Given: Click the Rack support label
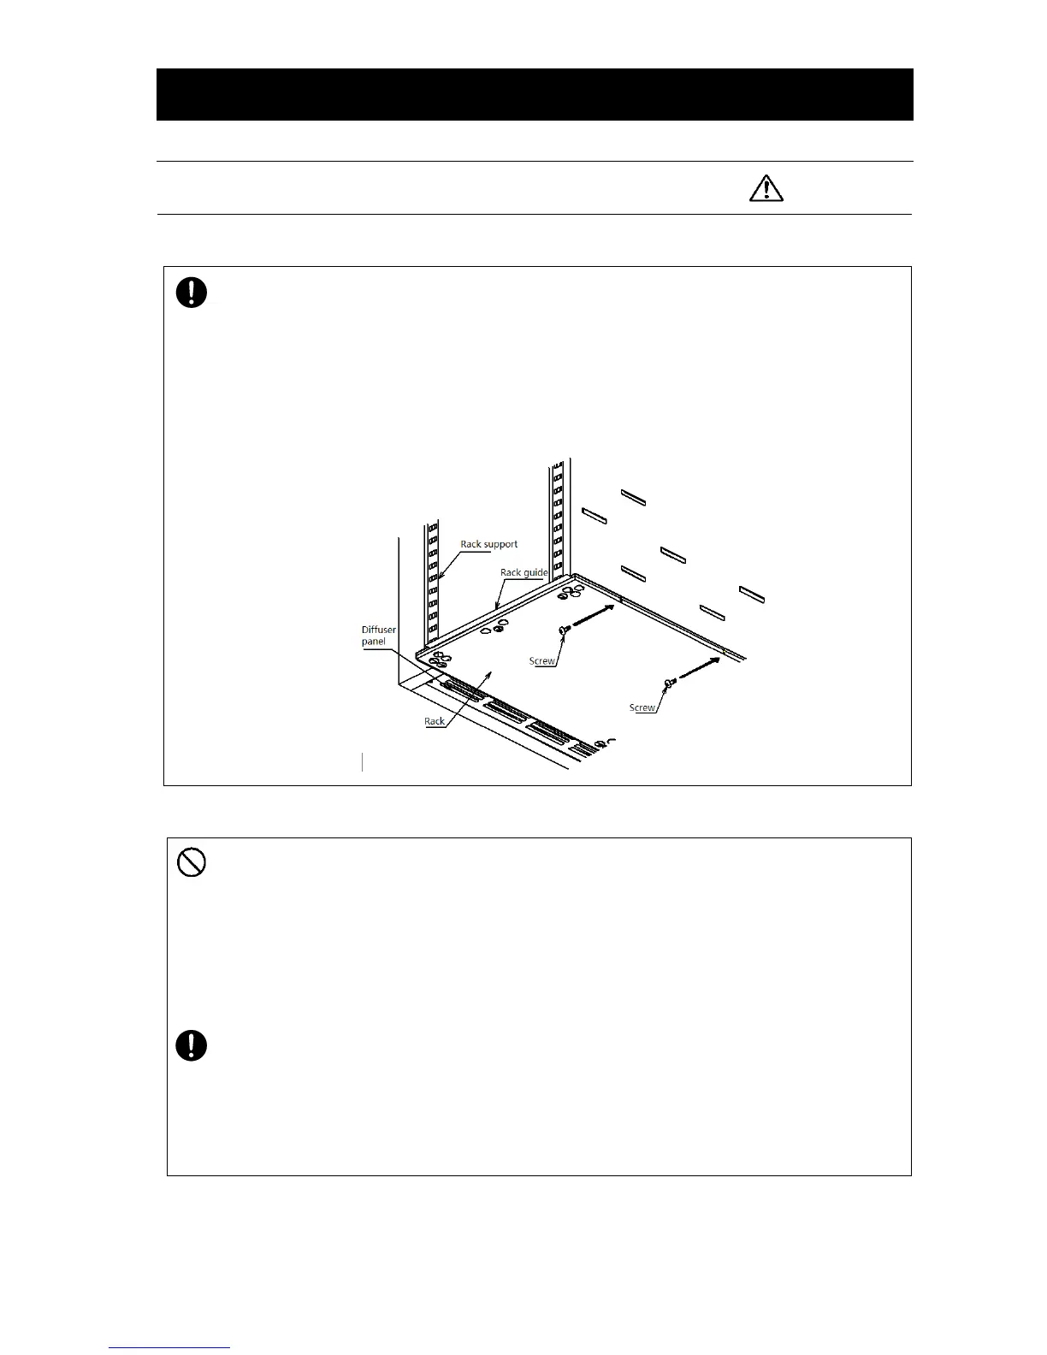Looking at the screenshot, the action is coord(488,544).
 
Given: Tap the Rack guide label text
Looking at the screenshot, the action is coord(523,572).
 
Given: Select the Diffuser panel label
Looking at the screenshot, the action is coord(378,636).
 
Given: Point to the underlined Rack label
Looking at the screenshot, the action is coord(435,721).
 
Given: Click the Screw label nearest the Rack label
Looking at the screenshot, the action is coord(542,660).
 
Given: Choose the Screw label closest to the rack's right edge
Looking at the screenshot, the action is coord(642,707).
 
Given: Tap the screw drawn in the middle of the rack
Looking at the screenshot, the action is coord(564,630).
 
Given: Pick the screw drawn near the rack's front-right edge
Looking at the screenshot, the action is coord(670,682).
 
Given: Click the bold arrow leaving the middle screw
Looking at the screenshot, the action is coord(594,617).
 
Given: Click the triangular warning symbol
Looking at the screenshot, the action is coord(766,188).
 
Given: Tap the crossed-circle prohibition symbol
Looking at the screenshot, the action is coord(191,864).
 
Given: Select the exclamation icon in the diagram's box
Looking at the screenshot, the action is coord(192,293).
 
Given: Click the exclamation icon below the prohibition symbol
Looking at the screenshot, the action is coord(192,1045).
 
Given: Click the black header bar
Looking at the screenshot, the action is coord(535,94).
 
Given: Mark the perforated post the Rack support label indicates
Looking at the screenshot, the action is coord(433,582).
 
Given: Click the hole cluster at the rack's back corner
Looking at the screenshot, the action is coord(571,591).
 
